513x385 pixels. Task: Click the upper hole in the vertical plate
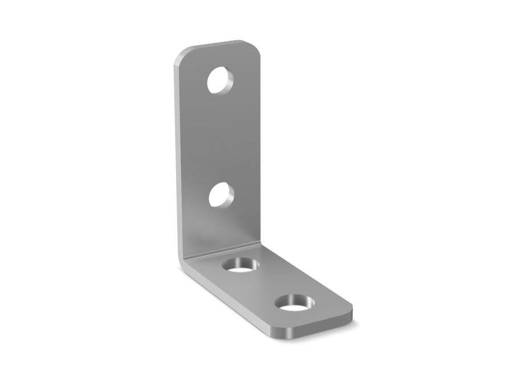pos(220,80)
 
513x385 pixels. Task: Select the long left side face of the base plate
pos(228,302)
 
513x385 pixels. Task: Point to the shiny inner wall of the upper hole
pos(227,82)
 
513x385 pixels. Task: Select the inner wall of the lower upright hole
pos(228,196)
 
